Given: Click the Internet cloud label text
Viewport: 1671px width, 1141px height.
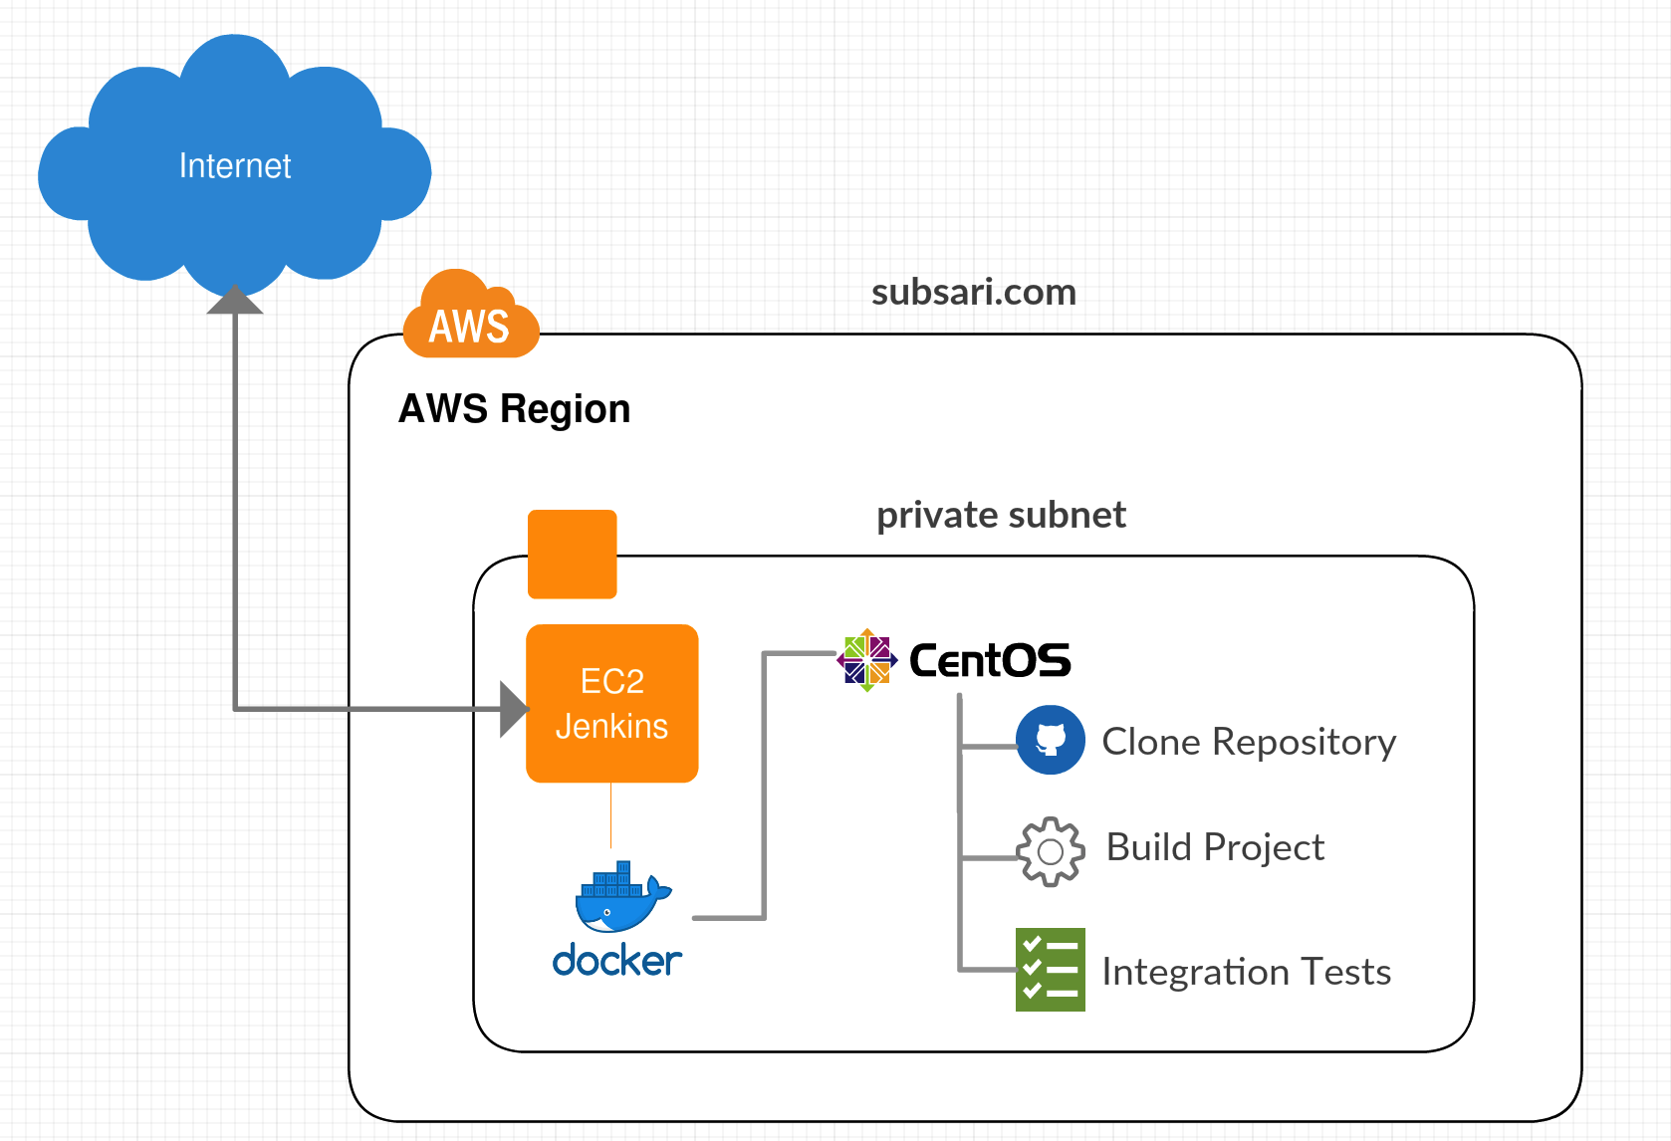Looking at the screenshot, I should coord(235,165).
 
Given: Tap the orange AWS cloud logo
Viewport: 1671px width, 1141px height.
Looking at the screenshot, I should coord(470,317).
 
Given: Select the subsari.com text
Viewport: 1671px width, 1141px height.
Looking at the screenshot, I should coord(973,292).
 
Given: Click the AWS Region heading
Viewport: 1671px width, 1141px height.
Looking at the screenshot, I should coord(514,409).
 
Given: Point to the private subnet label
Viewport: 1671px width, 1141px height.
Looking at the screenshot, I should coord(1001,515).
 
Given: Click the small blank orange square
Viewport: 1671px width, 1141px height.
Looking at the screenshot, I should coord(572,554).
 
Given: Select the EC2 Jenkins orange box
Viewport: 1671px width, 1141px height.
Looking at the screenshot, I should coord(611,703).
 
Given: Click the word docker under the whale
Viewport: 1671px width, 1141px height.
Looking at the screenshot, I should coord(616,961).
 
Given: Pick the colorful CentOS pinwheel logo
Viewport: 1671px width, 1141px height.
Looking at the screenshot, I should coord(867,659).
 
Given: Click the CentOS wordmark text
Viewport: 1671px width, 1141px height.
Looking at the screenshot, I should coord(990,660).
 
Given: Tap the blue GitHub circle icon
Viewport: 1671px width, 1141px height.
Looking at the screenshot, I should coord(1051,740).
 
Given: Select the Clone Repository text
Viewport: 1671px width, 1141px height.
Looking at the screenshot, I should coord(1249,742).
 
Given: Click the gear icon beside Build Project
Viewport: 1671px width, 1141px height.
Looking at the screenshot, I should coord(1050,851).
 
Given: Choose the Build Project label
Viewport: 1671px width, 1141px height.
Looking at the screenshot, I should coord(1215,847).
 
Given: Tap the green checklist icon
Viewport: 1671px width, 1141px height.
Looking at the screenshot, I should coord(1050,970).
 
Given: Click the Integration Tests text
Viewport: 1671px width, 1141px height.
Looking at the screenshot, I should coord(1246,972).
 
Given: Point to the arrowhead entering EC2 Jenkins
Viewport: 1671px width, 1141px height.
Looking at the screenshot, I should coord(513,709).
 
